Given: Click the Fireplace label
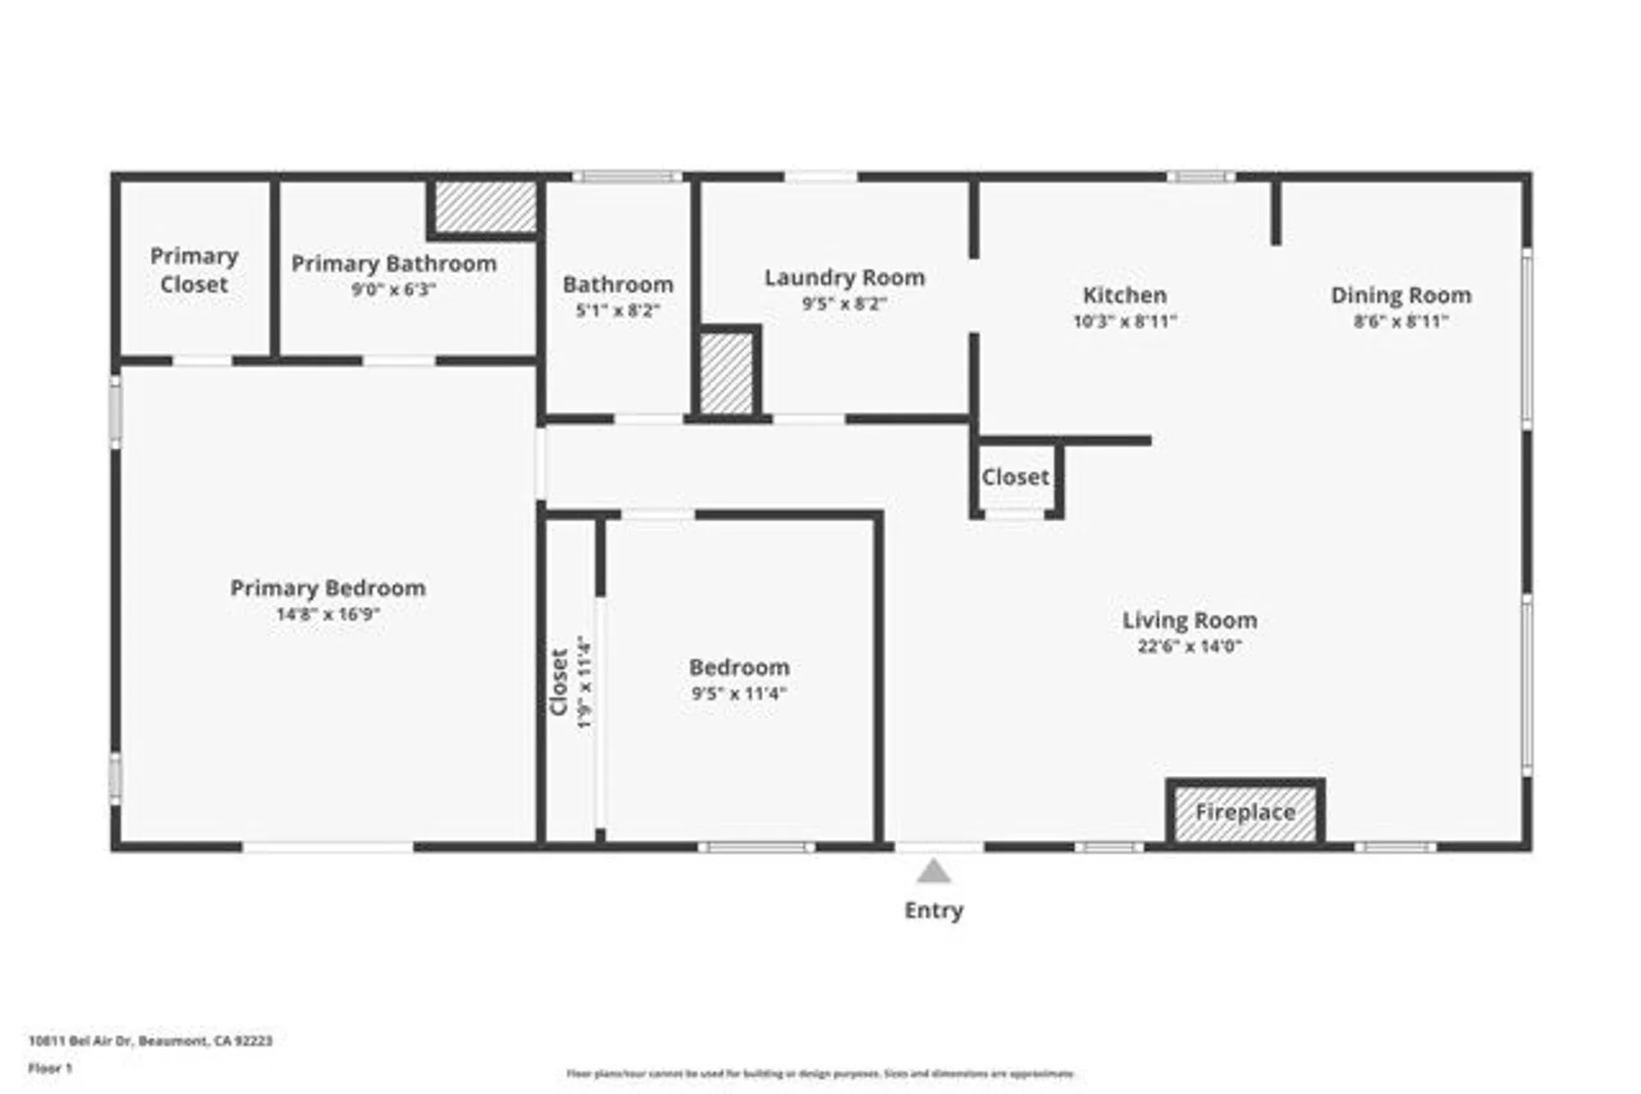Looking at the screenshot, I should (x=1245, y=812).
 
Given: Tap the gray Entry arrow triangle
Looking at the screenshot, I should (x=934, y=871).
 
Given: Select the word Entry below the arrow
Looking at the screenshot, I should (x=934, y=910).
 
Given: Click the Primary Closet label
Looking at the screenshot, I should (x=194, y=270).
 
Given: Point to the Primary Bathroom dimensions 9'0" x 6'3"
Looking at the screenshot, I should (x=393, y=289).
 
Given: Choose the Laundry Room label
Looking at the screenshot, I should (x=844, y=278).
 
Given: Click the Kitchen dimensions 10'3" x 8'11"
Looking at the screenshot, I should (x=1125, y=321).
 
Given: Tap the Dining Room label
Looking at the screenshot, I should (x=1401, y=295).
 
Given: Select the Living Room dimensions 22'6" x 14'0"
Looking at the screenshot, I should (x=1190, y=646).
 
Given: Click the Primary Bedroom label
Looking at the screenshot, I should (x=327, y=588).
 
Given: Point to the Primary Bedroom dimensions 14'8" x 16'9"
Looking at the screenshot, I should (x=327, y=614).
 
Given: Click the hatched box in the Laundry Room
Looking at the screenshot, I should (x=726, y=373).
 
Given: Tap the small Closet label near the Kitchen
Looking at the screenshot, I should (x=1015, y=476).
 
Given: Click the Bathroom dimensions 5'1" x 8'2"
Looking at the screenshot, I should (x=618, y=311).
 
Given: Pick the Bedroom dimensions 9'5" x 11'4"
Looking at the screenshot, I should (x=738, y=694).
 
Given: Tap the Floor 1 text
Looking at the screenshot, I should (x=50, y=1068).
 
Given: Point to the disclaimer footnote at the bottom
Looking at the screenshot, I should (x=820, y=1073).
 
